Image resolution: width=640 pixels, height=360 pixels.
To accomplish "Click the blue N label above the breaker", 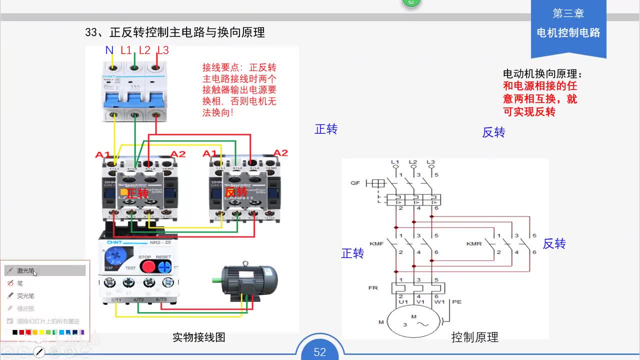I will (x=109, y=50).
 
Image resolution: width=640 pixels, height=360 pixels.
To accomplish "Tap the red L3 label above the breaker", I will (x=163, y=50).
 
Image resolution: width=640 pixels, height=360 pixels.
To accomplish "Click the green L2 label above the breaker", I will (x=144, y=50).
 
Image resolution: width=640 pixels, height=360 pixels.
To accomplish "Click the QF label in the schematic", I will (x=355, y=183).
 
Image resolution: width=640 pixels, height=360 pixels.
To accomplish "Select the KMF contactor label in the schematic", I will (x=376, y=243).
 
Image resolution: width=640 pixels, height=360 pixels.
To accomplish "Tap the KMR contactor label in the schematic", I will (x=473, y=243).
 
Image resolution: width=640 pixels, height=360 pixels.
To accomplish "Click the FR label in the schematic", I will (x=373, y=288).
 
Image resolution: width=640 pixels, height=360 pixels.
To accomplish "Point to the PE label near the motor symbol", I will (x=456, y=302).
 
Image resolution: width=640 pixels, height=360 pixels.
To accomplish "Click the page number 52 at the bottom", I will (x=320, y=352).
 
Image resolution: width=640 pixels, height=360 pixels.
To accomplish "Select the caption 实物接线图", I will (x=199, y=337).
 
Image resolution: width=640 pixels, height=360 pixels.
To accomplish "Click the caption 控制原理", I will (x=474, y=337).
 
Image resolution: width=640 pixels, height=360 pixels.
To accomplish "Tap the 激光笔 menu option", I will (x=26, y=270).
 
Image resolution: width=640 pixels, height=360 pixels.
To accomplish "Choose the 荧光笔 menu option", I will (x=25, y=295).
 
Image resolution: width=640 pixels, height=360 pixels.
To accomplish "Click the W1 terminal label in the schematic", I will (x=439, y=302).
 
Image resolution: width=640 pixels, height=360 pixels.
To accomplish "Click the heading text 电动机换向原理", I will (x=542, y=74).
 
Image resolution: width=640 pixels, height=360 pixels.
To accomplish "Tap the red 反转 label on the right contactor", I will (x=236, y=192).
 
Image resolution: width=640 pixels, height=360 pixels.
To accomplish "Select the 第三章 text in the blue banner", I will (x=568, y=13).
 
